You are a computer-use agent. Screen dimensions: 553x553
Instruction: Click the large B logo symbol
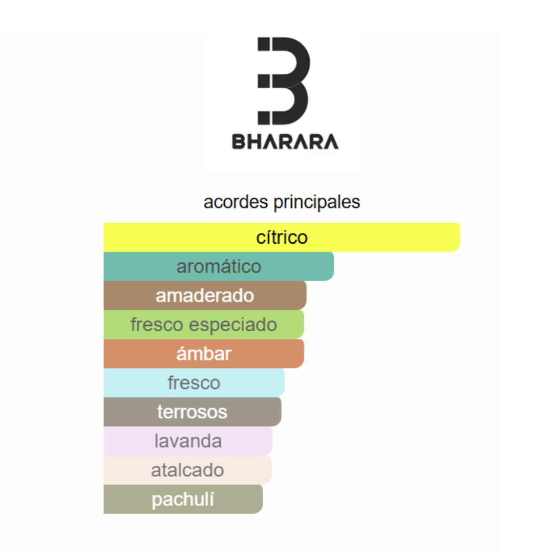pos(284,81)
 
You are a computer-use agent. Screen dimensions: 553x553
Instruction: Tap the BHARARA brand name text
pos(285,142)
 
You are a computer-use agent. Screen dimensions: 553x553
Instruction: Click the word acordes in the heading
pos(236,202)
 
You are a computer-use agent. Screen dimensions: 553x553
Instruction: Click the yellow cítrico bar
pos(282,238)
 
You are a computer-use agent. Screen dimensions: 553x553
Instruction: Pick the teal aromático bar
pos(219,266)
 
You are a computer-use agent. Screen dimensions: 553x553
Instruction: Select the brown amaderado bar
pos(205,295)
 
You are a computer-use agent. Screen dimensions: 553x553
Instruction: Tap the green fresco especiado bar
pos(204,325)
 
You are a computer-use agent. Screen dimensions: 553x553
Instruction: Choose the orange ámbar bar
pos(204,354)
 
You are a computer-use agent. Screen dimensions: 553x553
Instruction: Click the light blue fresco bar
pos(194,382)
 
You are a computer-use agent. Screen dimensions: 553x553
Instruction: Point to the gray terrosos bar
pos(193,412)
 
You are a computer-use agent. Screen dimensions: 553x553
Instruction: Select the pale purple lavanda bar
pos(188,441)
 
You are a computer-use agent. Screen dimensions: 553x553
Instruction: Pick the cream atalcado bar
pos(187,470)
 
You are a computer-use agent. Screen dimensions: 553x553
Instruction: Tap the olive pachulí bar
pos(183,499)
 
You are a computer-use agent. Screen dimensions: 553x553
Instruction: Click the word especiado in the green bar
pos(233,325)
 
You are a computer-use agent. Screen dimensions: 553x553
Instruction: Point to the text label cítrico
pos(282,238)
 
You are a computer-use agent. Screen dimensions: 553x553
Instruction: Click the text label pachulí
pos(183,500)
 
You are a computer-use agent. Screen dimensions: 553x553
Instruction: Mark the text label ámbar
pos(204,354)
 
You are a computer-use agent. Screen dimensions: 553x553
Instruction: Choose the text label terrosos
pos(192,412)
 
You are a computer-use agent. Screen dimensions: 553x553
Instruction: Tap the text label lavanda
pos(188,441)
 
